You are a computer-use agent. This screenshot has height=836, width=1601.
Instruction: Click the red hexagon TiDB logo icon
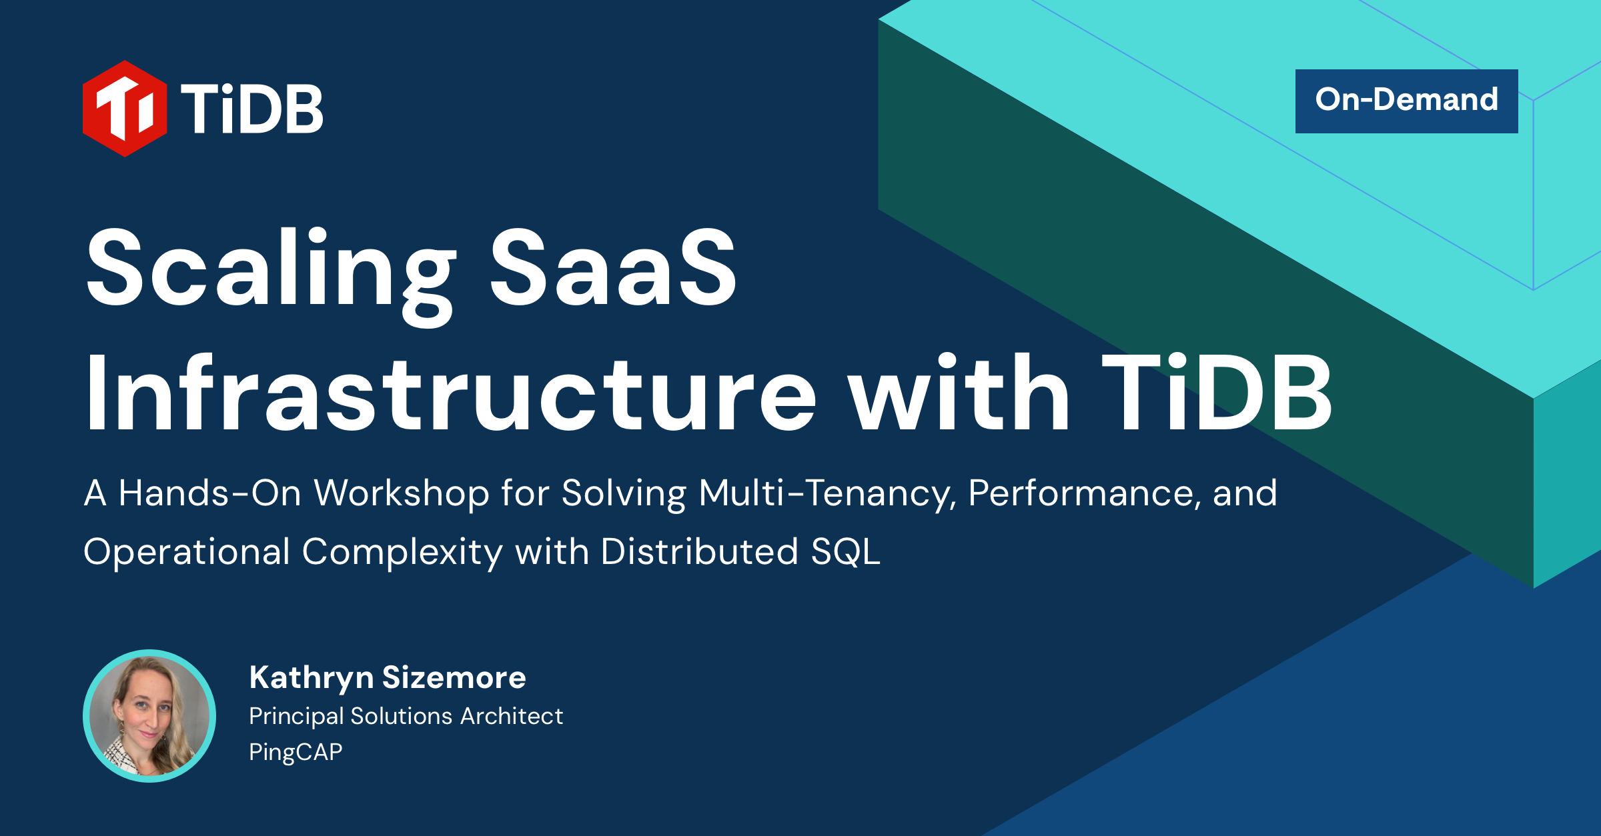[125, 109]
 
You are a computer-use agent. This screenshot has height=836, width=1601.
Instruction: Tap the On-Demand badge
[1406, 101]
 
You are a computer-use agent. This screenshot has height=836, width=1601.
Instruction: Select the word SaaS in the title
[613, 268]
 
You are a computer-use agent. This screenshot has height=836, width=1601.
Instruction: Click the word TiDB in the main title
[1215, 393]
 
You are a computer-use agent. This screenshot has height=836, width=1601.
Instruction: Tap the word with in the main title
[959, 393]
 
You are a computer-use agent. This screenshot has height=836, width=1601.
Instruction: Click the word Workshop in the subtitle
[402, 494]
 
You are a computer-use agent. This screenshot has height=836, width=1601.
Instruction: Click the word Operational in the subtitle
[187, 553]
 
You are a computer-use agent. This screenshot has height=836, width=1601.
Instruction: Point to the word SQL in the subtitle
[845, 553]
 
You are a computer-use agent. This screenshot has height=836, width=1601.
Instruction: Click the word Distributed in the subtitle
[699, 551]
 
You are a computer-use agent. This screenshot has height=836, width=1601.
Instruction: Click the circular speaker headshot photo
[149, 716]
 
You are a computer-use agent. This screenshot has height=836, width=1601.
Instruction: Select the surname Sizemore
[454, 678]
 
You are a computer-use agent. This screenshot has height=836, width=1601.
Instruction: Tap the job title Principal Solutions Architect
[406, 717]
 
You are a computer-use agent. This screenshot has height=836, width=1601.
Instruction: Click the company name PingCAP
[296, 752]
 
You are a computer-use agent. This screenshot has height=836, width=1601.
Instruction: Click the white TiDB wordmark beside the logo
[251, 109]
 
